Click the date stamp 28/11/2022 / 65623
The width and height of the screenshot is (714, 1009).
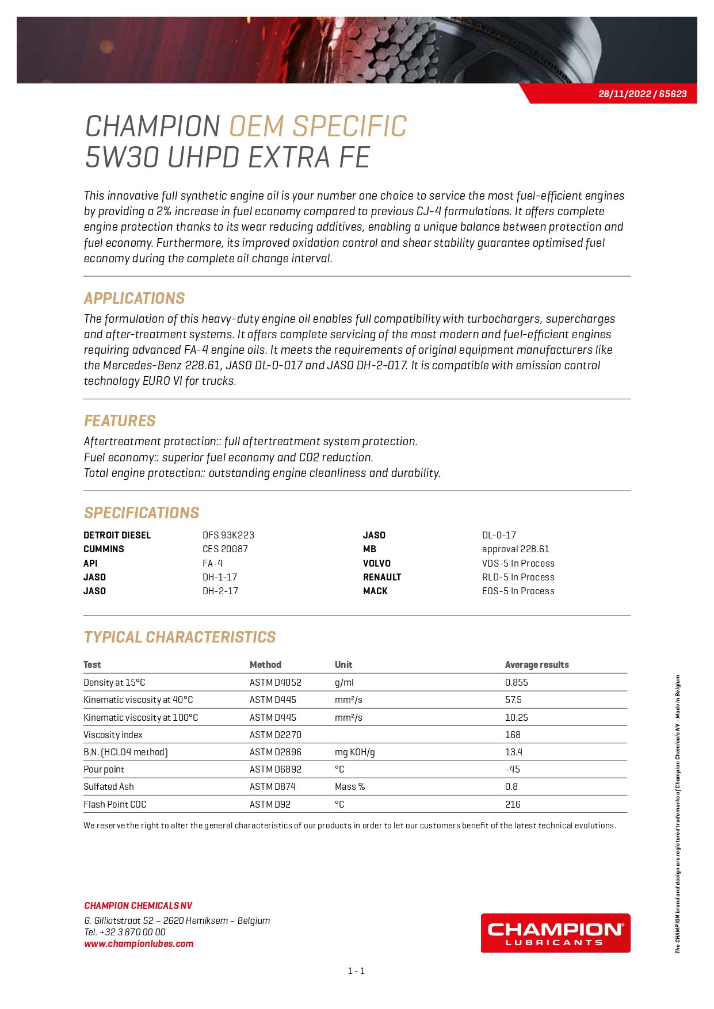[642, 94]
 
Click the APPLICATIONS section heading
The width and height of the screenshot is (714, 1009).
[134, 298]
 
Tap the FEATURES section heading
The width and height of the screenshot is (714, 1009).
[120, 421]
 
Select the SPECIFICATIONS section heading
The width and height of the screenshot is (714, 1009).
[142, 513]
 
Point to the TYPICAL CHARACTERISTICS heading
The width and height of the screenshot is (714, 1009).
[180, 637]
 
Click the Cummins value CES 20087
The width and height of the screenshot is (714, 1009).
[225, 549]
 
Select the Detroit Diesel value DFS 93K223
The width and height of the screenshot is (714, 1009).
[228, 535]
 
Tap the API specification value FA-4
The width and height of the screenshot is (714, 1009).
[212, 563]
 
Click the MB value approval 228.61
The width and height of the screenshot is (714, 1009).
[515, 549]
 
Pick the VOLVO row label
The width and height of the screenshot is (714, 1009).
[376, 563]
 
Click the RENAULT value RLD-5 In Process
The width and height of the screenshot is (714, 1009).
[518, 577]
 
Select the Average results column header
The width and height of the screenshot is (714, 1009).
[536, 664]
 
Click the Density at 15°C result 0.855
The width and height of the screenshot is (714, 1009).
[516, 682]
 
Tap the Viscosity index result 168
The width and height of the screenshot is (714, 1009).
[513, 735]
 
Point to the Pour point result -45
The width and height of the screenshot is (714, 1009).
[512, 769]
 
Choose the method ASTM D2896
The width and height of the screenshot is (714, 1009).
[275, 752]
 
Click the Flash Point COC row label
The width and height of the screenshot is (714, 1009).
[115, 804]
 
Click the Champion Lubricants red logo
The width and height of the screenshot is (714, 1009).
[555, 932]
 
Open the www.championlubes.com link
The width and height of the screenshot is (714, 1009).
[139, 943]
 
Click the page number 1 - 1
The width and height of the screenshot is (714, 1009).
[356, 971]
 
